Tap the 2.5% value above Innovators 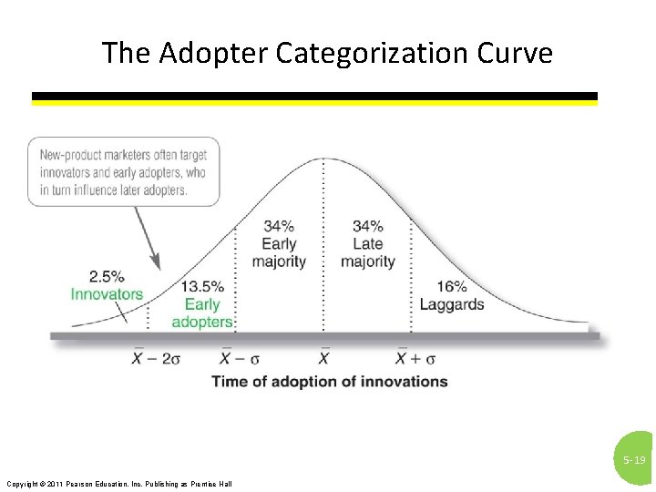click(107, 276)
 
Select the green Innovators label click(107, 293)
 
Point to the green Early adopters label click(202, 313)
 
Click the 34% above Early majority click(279, 226)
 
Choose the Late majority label click(368, 252)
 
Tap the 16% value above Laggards click(452, 286)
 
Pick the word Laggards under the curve click(452, 304)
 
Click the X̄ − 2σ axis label click(157, 357)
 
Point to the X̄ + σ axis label click(415, 357)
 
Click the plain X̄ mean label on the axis click(324, 357)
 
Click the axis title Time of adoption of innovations click(330, 381)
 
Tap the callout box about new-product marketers click(123, 171)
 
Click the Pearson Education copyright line click(119, 483)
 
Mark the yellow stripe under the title click(314, 103)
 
